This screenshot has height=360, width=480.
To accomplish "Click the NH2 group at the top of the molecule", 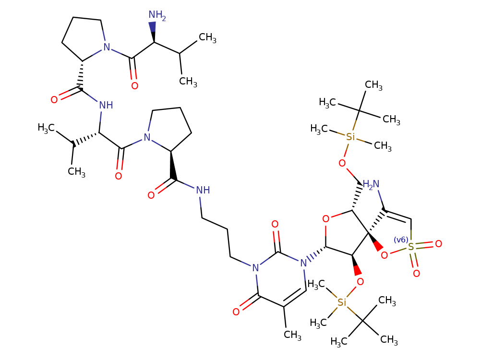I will [156, 16].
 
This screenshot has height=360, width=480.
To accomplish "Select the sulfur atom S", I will [411, 247].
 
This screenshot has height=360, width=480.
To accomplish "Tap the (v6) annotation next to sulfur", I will [401, 240].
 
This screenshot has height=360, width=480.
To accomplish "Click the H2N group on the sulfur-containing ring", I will [371, 184].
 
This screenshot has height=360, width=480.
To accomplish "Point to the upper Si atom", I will [351, 137].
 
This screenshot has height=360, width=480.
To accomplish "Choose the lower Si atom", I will [342, 302].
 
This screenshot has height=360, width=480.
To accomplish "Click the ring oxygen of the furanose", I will [326, 219].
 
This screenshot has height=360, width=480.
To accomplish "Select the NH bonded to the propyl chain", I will [203, 190].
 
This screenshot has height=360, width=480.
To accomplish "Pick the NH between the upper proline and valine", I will [106, 105].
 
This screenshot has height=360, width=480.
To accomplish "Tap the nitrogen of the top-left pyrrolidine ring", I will [107, 48].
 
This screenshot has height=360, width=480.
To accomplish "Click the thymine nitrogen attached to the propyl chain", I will [255, 268].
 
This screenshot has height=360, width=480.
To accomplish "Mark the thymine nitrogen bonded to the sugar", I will [302, 263].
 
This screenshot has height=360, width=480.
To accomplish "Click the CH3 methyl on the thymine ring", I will [292, 335].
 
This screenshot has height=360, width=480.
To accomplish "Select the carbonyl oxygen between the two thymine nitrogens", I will [275, 224].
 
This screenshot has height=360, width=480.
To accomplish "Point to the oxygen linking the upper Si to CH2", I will [342, 163].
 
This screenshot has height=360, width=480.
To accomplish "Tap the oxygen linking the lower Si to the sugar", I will [360, 282].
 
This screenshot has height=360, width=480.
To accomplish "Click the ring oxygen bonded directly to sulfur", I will [384, 255].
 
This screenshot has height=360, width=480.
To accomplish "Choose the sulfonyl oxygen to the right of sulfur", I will [438, 244].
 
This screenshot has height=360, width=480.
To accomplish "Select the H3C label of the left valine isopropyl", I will [47, 128].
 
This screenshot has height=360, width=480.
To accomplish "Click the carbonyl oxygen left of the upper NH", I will [54, 100].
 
